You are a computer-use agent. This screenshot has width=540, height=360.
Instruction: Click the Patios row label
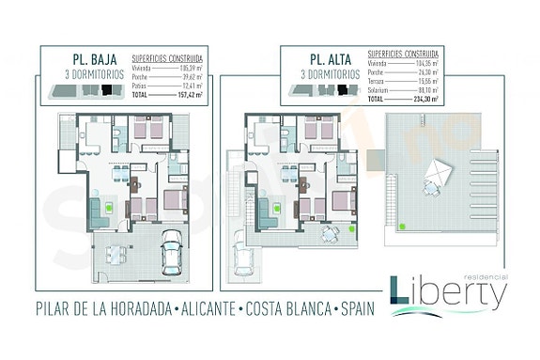pos(140,86)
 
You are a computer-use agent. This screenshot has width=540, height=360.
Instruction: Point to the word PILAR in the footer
pos(57,309)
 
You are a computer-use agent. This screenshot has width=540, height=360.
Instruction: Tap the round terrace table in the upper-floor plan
pos(326,233)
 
